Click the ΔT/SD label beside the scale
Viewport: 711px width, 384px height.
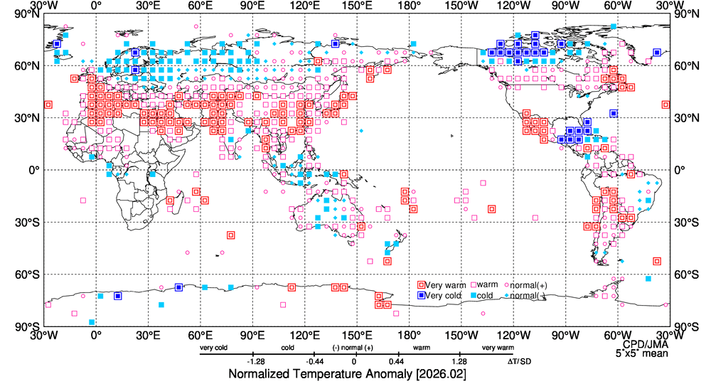[520, 361]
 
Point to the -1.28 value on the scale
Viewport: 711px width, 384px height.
[255, 361]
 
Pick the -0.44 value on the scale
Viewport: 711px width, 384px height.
[306, 361]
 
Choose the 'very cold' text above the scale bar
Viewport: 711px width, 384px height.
[214, 348]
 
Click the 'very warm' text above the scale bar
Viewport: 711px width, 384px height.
[498, 348]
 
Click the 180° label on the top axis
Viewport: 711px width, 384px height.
[409, 6]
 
